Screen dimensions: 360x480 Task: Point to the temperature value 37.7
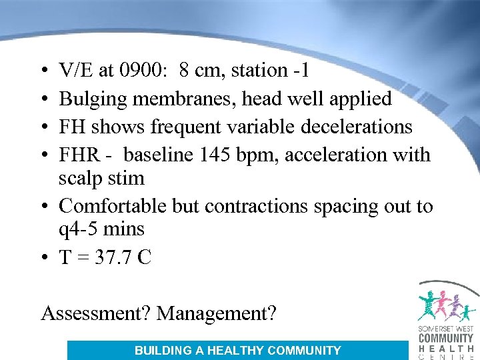[114, 257]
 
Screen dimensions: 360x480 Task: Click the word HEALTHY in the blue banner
[231, 350]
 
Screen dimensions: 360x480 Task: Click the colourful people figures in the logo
[446, 306]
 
